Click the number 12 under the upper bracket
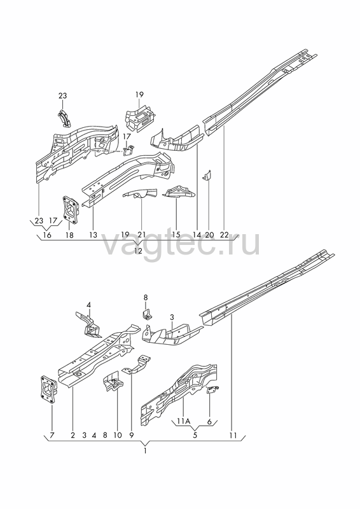coord(138,251)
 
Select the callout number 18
coord(69,235)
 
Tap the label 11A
coord(183,421)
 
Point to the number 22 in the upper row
coord(224,234)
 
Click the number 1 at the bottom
coord(145,451)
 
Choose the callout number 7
coord(52,435)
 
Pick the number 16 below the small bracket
coord(47,235)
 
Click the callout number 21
coord(142,234)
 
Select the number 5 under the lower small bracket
coord(195,435)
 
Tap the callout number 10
coord(118,435)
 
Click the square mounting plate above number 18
coord(71,210)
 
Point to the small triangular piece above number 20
coord(207,176)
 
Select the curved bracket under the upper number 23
coord(66,118)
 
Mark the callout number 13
coord(93,235)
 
